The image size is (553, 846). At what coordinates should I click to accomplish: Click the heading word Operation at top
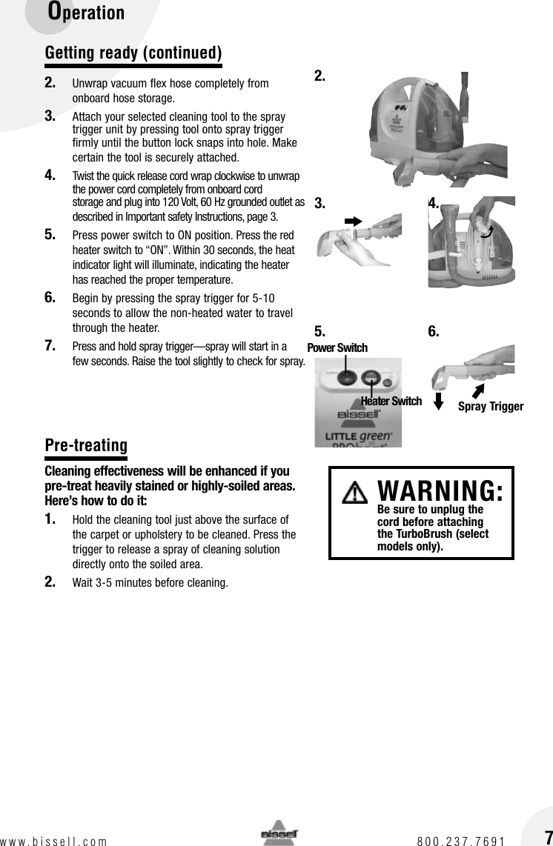tap(86, 13)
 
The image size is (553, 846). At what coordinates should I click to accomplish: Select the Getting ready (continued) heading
tap(133, 53)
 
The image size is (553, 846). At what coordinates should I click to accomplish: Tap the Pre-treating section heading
tap(86, 445)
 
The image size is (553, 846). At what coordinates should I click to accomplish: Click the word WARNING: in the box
tap(441, 490)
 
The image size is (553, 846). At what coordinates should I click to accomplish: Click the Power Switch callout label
tap(337, 347)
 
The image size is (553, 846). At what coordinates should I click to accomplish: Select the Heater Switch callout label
tap(391, 402)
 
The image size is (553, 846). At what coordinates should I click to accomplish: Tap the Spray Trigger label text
tap(490, 406)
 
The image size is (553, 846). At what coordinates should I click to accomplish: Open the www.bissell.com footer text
tap(53, 841)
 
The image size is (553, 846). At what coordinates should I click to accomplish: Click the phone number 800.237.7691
tap(460, 841)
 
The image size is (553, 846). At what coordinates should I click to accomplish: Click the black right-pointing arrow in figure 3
tap(353, 221)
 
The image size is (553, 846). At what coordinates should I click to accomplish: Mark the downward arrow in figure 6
tap(438, 401)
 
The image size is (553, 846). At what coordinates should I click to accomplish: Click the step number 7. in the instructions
tap(51, 346)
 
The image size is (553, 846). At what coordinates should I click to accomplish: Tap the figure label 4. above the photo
tap(434, 203)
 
